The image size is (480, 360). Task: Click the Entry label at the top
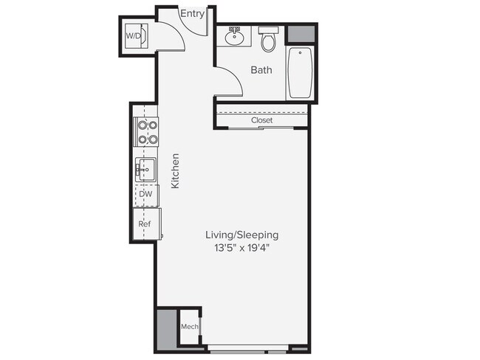(193, 13)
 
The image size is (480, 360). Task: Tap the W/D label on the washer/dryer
(133, 35)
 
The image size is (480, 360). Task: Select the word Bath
(261, 71)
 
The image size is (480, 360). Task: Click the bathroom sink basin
(236, 36)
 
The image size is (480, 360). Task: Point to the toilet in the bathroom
(269, 40)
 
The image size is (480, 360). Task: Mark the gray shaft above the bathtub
(300, 35)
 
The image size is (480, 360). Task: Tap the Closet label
(261, 120)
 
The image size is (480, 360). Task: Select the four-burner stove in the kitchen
(145, 132)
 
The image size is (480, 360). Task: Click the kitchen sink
(145, 170)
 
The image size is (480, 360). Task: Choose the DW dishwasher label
(146, 194)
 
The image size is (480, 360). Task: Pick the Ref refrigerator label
(146, 224)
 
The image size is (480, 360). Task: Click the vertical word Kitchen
(176, 170)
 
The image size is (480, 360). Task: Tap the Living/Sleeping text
(241, 235)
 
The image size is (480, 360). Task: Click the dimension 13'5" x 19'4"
(241, 248)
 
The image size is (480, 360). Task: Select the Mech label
(188, 325)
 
